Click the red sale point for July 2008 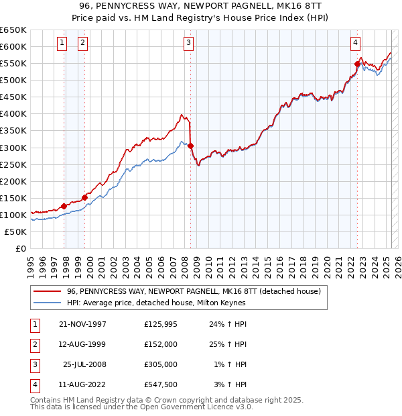[191, 146]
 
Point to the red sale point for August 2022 [357, 64]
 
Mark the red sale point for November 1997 [64, 206]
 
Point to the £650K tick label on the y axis [13, 30]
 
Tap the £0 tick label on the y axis [20, 249]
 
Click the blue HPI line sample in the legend [46, 303]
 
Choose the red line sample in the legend [46, 292]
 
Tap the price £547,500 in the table [160, 384]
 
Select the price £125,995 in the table [160, 324]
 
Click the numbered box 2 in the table [34, 344]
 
